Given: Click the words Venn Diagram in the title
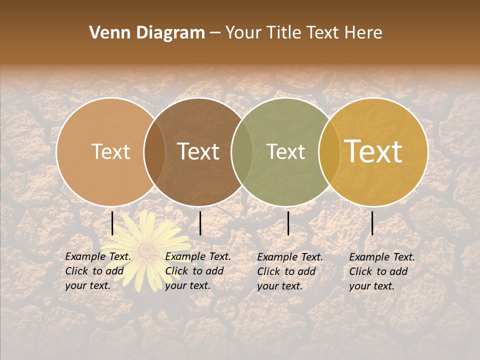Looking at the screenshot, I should pos(147,33).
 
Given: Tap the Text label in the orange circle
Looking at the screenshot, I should pos(110,151).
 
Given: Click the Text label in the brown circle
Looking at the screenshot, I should pos(198,151).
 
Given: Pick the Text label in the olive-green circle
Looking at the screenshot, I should pos(285,151).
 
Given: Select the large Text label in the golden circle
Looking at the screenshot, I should pos(373,151).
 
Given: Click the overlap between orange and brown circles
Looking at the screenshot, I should pos(154,151).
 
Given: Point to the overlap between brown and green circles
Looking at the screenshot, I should pos(242,151).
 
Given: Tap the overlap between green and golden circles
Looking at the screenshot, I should pos(329,151).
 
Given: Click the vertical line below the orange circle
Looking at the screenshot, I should pos(112,223).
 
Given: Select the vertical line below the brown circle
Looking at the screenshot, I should pos(200,223).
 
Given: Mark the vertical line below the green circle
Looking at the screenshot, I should pos(288,223).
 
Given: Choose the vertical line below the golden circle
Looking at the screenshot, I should pos(372,223).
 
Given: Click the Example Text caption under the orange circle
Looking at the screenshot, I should pos(98,271).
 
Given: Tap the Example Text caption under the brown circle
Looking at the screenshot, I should pos(198,271).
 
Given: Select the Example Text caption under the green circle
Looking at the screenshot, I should pos(290,271).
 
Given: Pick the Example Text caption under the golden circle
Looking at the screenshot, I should pos(382,271).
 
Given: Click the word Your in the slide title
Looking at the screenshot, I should pos(244,33).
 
